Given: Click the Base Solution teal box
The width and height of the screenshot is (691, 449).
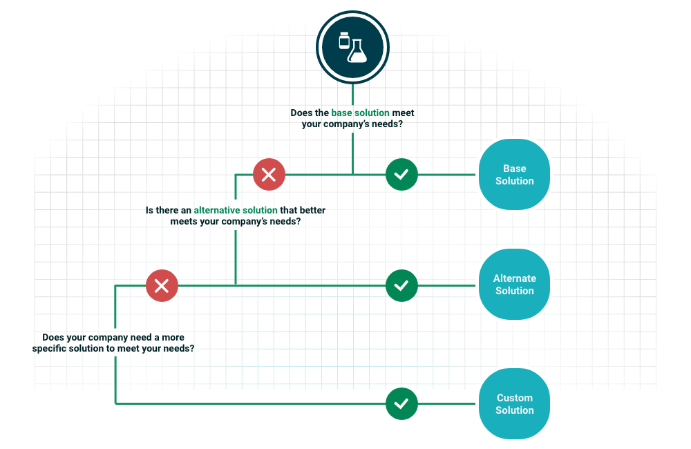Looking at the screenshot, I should [514, 175].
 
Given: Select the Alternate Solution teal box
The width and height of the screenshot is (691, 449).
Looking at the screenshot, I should [514, 285].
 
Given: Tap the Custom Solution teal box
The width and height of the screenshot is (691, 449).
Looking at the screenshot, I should [514, 404].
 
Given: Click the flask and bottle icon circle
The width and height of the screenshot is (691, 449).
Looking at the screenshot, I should [352, 47].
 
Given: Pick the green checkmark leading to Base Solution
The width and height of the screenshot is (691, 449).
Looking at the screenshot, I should [401, 175].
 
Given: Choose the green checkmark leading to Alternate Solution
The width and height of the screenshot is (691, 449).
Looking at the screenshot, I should [401, 285].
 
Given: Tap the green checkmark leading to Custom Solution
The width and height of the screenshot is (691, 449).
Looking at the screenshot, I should [401, 403].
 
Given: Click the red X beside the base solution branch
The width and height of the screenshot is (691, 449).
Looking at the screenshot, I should [269, 175].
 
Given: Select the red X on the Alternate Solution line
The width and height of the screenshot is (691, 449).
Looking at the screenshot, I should [162, 285].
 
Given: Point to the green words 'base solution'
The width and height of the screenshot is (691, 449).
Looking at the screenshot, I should [360, 113].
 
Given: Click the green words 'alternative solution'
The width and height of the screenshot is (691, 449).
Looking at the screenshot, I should [236, 210].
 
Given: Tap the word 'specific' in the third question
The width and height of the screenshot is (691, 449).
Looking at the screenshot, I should [51, 349].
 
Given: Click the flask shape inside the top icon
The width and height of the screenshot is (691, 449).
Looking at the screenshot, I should [357, 50].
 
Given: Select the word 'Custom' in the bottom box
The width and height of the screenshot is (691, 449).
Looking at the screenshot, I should [514, 398].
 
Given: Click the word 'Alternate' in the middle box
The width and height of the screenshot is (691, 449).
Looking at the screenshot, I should [514, 278].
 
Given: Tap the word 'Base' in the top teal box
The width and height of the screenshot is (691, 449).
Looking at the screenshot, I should [514, 169].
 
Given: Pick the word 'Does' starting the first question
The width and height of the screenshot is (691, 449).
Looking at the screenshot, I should [302, 113].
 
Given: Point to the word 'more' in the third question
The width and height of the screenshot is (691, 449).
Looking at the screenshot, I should [173, 338].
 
